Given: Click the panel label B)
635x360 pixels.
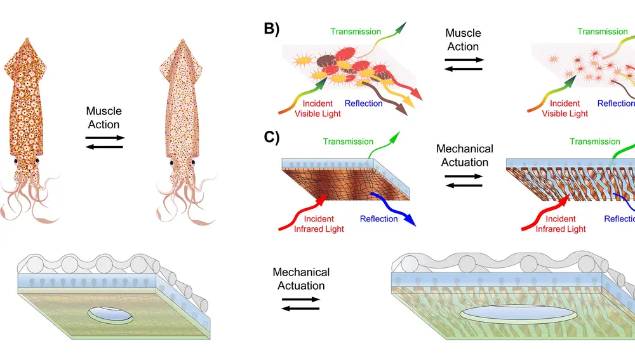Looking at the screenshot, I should (x=271, y=29).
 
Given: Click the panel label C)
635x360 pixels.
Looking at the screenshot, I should (x=271, y=136).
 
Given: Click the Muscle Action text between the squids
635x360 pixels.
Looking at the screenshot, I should (x=104, y=118).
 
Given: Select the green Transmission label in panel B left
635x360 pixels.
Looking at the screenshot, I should (x=356, y=32).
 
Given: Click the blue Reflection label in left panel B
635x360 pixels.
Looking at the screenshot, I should (x=363, y=103).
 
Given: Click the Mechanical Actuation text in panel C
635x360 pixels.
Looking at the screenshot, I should (x=464, y=156).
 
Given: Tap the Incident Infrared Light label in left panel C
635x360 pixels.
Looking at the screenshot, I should (x=319, y=224).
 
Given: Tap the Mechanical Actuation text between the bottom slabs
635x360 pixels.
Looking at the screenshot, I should (x=301, y=279).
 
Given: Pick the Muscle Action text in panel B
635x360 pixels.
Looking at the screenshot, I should (x=463, y=39).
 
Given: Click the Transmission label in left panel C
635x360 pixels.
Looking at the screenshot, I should (x=347, y=142).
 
